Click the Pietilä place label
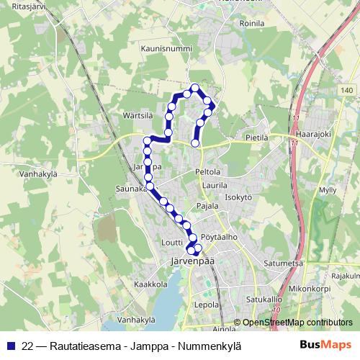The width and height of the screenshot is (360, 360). click(x=257, y=135)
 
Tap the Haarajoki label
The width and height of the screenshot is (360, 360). click(x=315, y=134)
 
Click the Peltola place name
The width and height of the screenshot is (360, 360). click(x=207, y=172)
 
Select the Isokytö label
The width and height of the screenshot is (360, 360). click(x=238, y=197)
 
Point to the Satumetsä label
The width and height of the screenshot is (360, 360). click(x=282, y=264)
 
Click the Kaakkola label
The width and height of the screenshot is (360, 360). click(x=150, y=284)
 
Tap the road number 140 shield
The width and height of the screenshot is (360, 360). click(x=348, y=90)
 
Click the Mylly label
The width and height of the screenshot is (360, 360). click(x=328, y=189)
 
